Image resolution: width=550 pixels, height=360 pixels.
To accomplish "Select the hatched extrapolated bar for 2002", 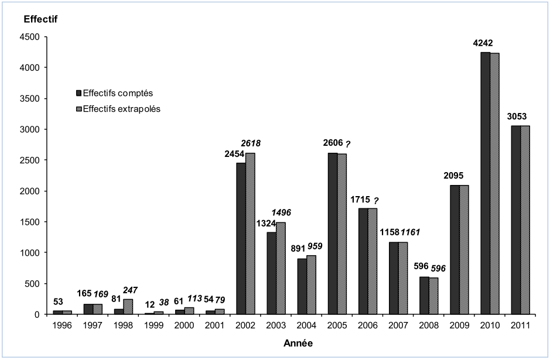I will click(x=250, y=234).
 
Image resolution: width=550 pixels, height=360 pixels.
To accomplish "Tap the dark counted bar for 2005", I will click(x=333, y=234).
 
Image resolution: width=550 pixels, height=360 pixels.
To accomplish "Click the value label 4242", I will click(x=490, y=43).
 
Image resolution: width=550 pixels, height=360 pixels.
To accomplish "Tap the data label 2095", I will click(x=459, y=175).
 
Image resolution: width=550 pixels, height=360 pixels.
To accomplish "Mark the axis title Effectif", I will click(x=40, y=19).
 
